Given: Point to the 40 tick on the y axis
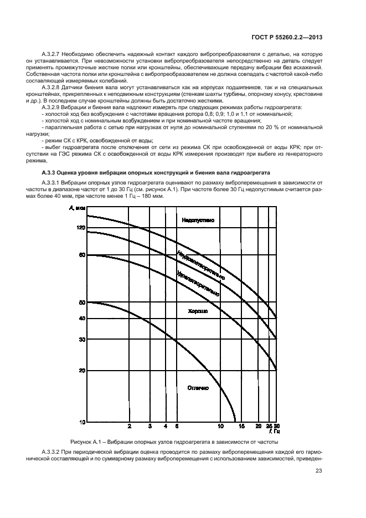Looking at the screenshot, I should [82, 319].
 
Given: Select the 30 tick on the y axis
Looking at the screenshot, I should [82, 339].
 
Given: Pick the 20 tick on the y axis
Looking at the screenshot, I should [82, 370].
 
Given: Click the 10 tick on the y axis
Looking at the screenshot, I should [82, 422].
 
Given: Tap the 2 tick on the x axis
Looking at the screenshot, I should [130, 427].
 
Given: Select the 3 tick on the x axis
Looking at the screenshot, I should [150, 427].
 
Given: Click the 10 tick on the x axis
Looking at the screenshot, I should [220, 427].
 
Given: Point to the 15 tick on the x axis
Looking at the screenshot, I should [241, 427].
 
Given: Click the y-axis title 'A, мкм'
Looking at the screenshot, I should [78, 208].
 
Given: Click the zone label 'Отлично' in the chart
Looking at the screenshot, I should [198, 388].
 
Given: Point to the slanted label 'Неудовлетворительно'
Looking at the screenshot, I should [200, 265].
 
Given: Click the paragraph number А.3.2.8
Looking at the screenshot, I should [54, 88].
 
